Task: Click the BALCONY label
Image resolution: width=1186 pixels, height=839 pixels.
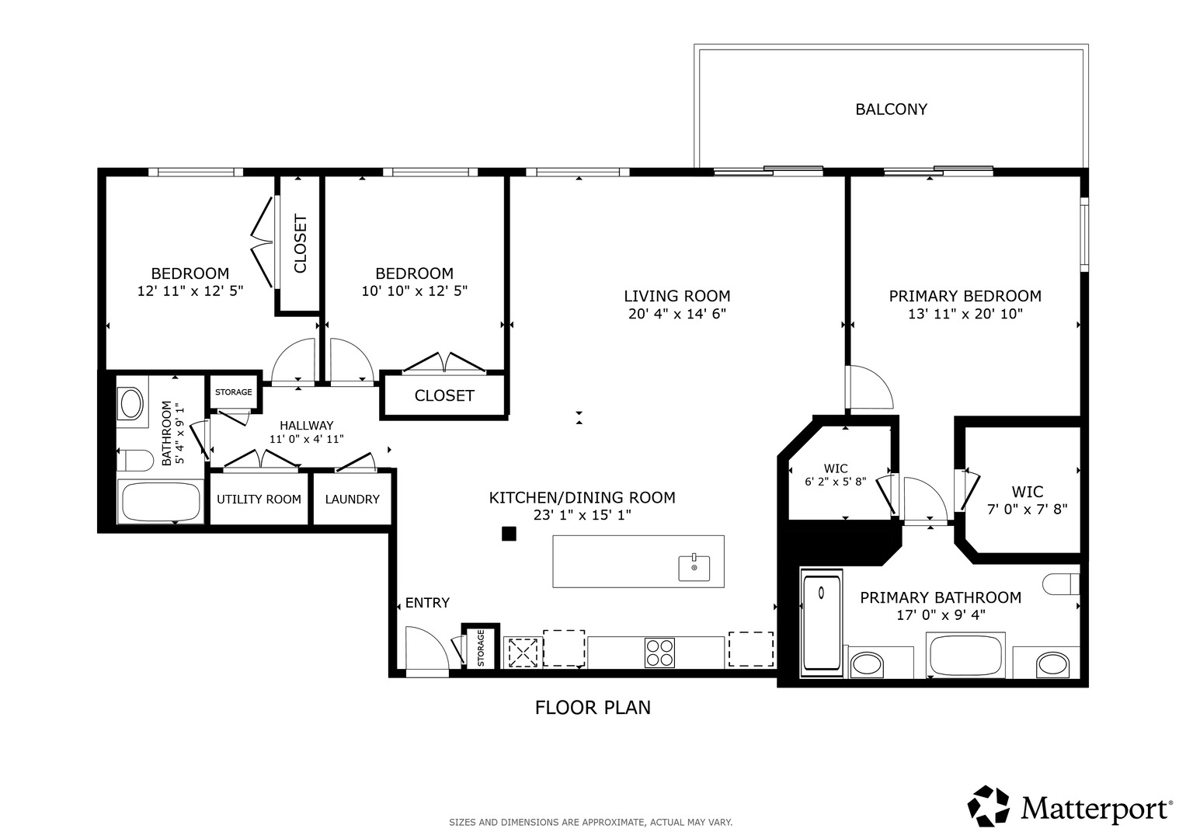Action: (x=891, y=109)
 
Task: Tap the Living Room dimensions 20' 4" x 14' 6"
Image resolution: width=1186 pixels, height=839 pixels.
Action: (x=676, y=314)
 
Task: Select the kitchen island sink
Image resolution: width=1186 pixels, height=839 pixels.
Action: (x=694, y=567)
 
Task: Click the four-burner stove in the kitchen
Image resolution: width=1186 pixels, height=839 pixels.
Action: (x=659, y=653)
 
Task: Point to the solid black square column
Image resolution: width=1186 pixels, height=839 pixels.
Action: (x=509, y=534)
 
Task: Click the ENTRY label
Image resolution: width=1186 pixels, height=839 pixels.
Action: (x=427, y=603)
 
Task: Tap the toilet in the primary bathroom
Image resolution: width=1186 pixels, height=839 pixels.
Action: (x=1060, y=584)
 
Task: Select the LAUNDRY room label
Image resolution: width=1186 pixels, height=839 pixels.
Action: (x=352, y=500)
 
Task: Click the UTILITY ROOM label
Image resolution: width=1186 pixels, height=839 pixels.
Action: (x=259, y=500)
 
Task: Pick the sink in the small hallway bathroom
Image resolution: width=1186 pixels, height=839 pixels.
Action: (x=131, y=404)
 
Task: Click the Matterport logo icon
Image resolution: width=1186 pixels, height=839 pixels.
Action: (x=988, y=806)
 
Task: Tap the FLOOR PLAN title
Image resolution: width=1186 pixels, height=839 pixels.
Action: (x=593, y=708)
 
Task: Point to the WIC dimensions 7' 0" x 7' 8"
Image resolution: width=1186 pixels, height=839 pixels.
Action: (x=1027, y=510)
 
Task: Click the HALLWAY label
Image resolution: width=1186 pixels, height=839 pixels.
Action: (x=307, y=426)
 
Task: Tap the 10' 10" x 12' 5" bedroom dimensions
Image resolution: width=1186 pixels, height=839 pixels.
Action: (x=415, y=291)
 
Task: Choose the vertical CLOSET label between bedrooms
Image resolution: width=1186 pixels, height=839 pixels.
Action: (x=300, y=244)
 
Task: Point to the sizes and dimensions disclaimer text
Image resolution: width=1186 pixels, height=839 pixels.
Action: (x=591, y=823)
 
